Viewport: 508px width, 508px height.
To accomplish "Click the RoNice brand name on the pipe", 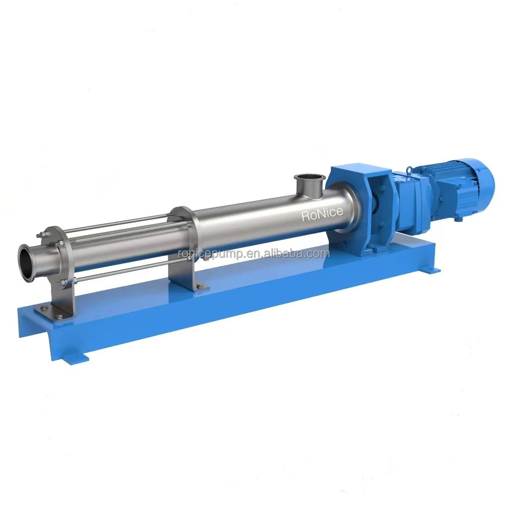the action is [322, 214].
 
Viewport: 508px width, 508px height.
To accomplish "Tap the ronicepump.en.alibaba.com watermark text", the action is [254, 254].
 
